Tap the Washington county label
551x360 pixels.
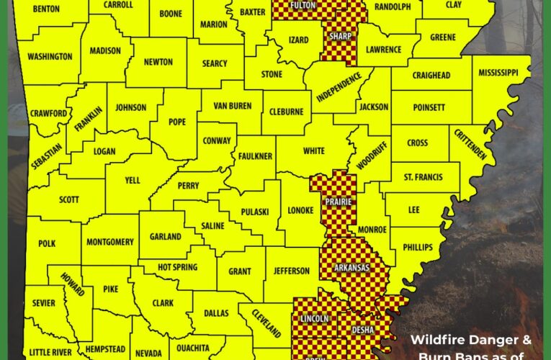coord(50,56)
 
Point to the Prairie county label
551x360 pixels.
coord(337,202)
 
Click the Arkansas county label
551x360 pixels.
coord(351,268)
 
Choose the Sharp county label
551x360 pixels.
coord(339,35)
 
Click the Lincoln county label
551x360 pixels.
coord(313,318)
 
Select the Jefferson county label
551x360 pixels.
coord(291,271)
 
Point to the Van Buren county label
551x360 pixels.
coord(232,106)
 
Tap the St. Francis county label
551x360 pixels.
coord(424,176)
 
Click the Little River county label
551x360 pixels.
coord(50,353)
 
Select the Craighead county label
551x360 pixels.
coord(431,76)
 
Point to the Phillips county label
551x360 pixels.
coord(418,247)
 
